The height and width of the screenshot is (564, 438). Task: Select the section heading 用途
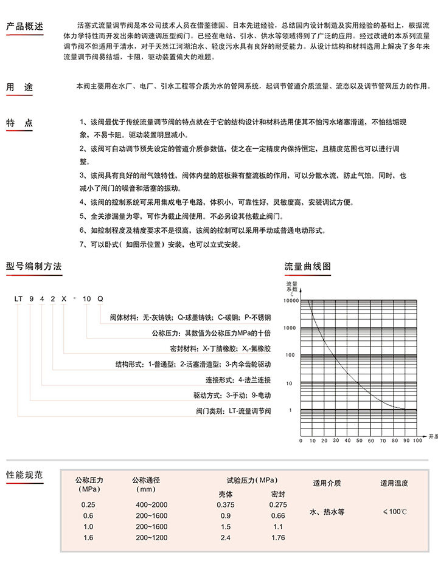19,88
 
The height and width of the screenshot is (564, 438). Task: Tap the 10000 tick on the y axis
291,300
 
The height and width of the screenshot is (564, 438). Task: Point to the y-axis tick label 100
290,355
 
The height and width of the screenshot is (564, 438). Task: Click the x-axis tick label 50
358,440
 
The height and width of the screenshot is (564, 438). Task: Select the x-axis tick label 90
406,440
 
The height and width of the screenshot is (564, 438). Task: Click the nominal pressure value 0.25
89,504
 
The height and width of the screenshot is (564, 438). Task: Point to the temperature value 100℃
394,512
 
